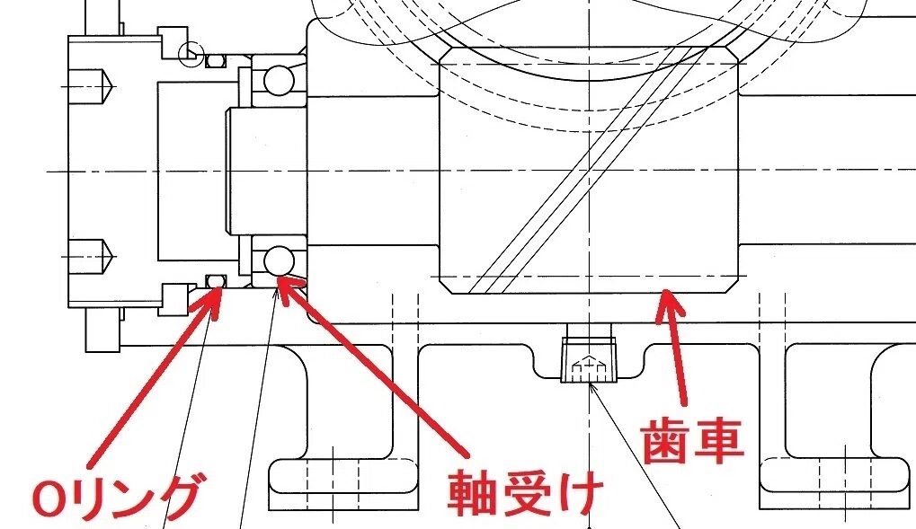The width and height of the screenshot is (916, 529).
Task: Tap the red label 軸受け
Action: (524, 494)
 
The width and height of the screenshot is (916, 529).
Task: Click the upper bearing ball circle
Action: (278, 79)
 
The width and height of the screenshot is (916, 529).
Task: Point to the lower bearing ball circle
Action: (278, 260)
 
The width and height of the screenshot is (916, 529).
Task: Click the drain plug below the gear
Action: (588, 359)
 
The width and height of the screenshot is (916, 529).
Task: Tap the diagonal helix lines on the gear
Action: (590, 170)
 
